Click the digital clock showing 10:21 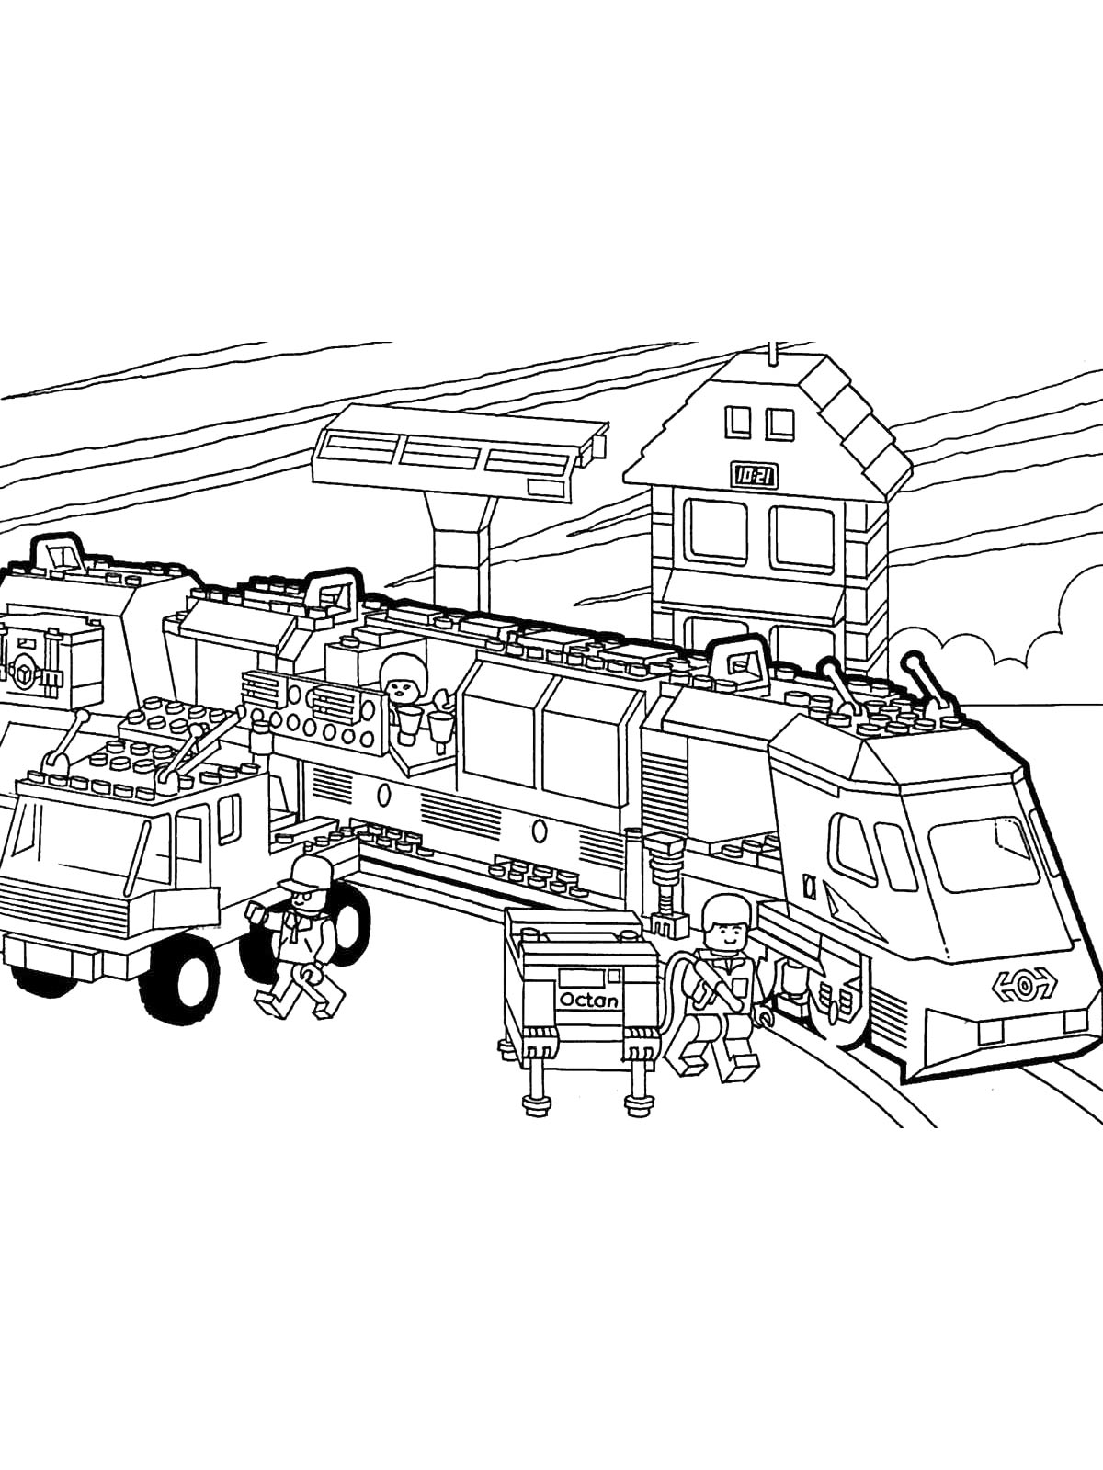pos(755,476)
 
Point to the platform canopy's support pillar pos(462,554)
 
